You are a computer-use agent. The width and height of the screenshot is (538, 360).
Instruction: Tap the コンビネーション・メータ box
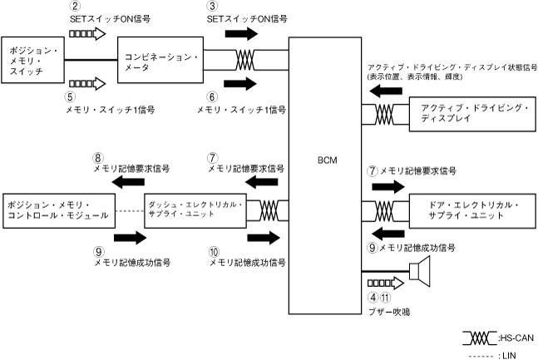coord(161,60)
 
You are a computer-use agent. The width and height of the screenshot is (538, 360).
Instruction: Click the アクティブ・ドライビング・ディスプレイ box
coord(463,114)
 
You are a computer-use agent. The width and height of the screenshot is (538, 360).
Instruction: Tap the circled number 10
coord(215,250)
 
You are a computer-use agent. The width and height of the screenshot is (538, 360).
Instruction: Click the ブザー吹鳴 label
coord(390,313)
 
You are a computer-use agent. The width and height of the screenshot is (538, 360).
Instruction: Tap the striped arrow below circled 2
coord(86,34)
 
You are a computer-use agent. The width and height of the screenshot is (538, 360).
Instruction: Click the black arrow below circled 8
coord(105,181)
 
